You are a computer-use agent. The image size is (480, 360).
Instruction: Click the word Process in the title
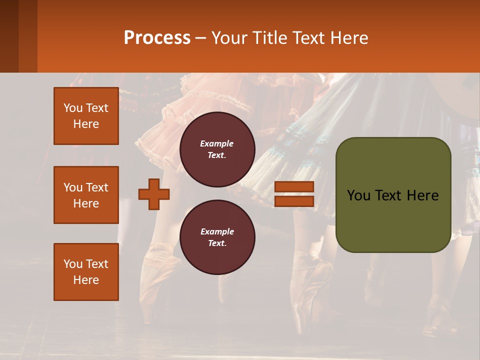(x=157, y=38)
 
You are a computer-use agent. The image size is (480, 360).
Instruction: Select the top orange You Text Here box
(x=86, y=116)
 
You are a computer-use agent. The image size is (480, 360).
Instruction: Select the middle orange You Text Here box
(x=86, y=195)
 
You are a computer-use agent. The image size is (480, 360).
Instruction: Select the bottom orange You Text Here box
(x=86, y=272)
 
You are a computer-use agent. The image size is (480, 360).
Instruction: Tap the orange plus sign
(x=154, y=194)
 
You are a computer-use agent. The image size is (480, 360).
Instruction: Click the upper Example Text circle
(x=217, y=149)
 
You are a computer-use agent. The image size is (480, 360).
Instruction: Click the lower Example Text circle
(x=217, y=237)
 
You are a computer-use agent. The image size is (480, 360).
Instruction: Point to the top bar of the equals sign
(x=294, y=186)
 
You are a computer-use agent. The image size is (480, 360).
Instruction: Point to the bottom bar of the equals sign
(x=294, y=201)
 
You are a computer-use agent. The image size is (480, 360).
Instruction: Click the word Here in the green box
(x=423, y=195)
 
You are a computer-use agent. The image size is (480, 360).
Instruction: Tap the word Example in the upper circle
(x=217, y=144)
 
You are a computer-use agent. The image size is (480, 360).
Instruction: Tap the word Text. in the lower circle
(x=217, y=243)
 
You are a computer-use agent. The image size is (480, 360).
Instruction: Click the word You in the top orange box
(x=72, y=108)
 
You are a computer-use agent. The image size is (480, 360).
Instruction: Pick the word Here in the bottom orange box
(x=86, y=280)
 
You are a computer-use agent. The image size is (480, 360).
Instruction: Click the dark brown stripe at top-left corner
(x=9, y=36)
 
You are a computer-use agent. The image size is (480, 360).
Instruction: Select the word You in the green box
(x=358, y=195)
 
